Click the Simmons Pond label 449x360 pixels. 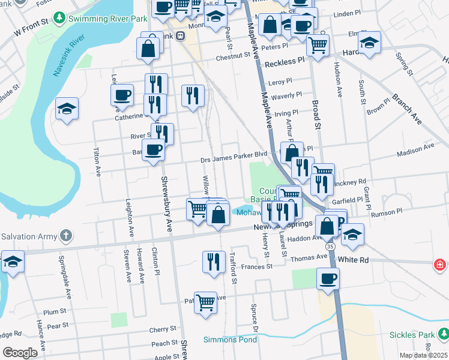(230, 340)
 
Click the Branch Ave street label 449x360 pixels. (407, 109)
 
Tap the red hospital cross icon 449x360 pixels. (440, 264)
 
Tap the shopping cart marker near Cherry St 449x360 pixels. (205, 301)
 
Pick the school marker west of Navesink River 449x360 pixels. (67, 109)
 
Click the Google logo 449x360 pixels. (20, 353)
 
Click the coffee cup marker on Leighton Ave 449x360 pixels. (122, 95)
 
